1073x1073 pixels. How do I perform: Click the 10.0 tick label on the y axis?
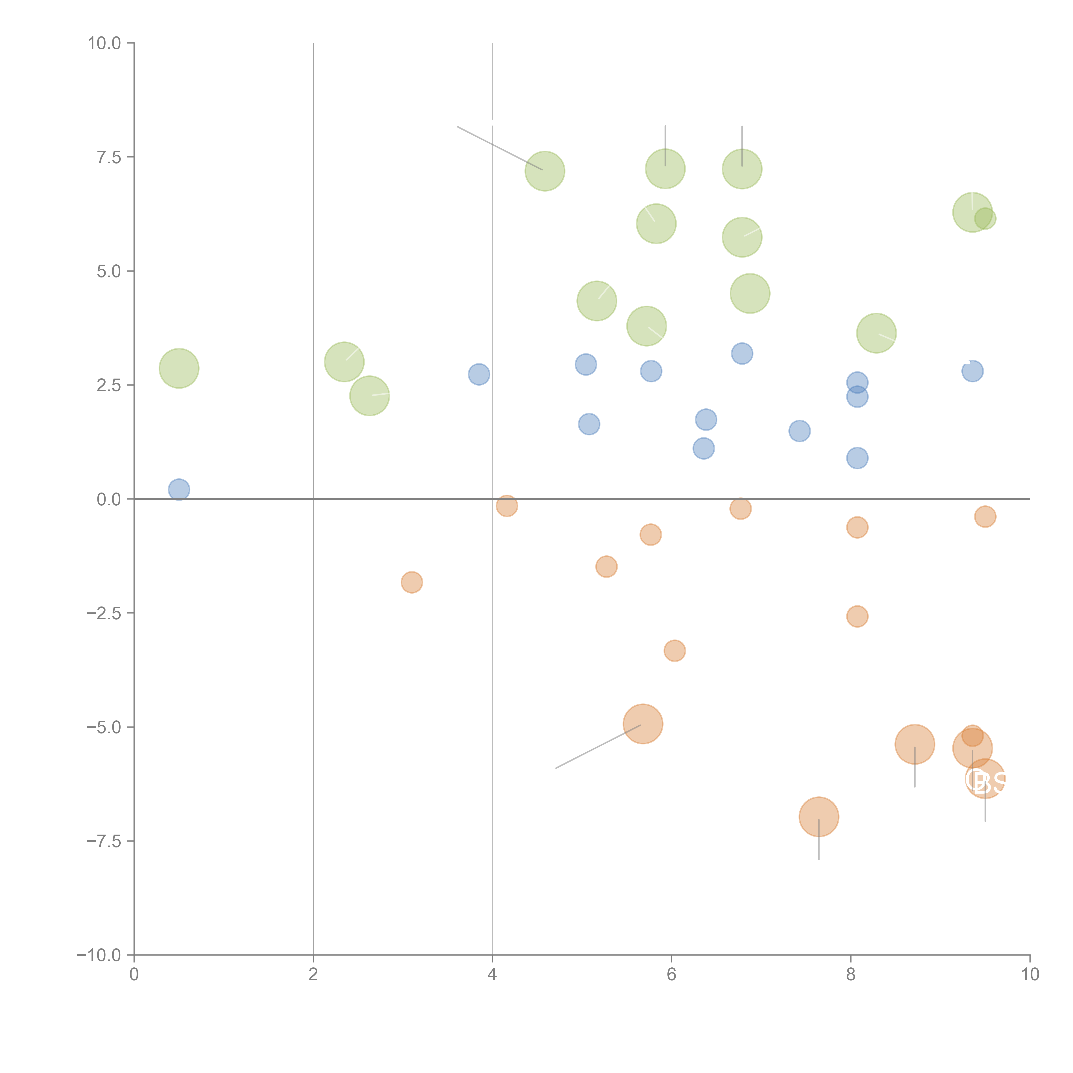(x=105, y=43)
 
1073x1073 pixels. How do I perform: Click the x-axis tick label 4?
(x=492, y=975)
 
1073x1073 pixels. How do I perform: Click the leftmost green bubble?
(x=179, y=368)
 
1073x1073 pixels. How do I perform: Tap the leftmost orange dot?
(x=412, y=582)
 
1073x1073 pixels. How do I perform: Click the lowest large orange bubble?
(x=819, y=816)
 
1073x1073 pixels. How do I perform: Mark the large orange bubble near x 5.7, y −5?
(x=643, y=724)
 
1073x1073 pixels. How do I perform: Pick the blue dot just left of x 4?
(x=479, y=374)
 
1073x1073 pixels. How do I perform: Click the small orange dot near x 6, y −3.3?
(x=674, y=650)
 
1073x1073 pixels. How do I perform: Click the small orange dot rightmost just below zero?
(x=985, y=517)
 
